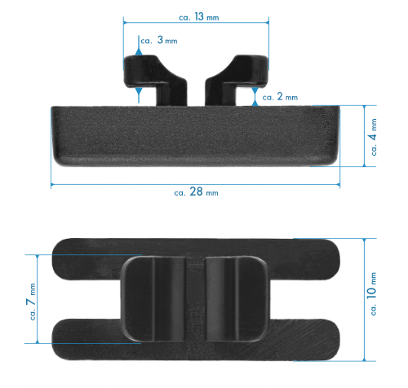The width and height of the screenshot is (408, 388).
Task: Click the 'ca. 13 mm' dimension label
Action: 199,17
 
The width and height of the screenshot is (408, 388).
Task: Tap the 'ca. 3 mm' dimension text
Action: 159,40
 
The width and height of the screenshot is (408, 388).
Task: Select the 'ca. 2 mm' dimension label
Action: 280,97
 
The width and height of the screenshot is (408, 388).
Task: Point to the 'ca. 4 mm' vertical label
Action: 374,137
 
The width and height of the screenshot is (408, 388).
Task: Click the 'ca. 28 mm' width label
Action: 196,192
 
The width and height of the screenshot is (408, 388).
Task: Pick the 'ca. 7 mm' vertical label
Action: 32,302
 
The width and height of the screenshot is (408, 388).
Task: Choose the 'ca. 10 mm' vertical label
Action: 372,293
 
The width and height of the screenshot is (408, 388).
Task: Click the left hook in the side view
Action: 155,80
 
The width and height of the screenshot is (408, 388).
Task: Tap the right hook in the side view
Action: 236,80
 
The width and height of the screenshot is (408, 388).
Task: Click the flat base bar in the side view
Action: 196,136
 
